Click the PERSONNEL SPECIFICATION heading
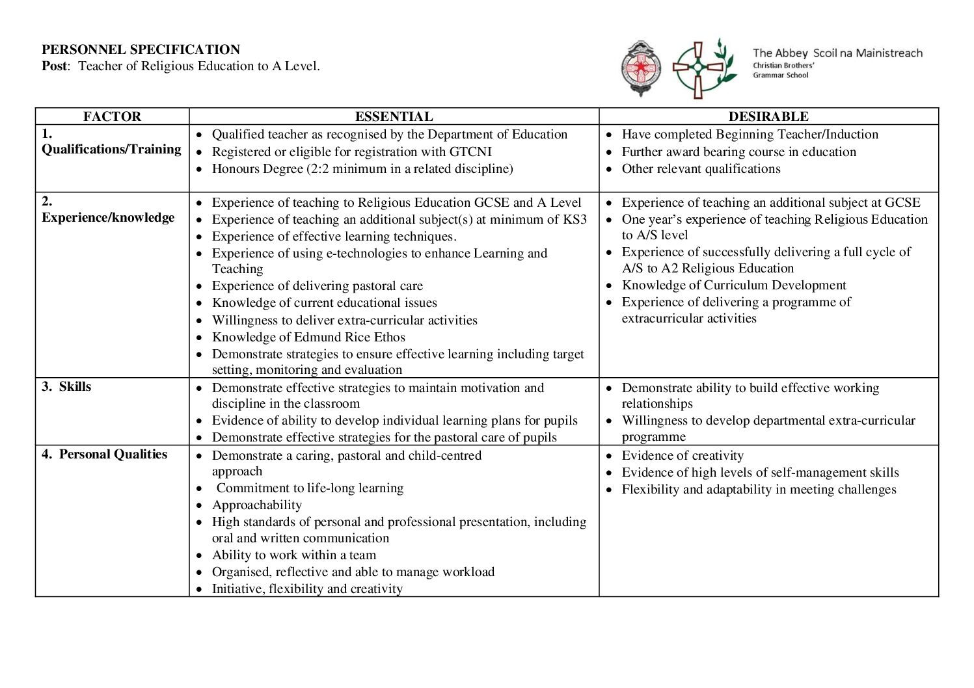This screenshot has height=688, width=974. click(141, 49)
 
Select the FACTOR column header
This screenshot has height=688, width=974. click(112, 116)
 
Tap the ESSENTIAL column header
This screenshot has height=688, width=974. click(394, 116)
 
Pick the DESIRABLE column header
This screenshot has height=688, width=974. click(768, 116)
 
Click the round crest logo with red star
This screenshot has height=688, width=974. click(641, 68)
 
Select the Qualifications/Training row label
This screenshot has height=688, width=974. click(111, 149)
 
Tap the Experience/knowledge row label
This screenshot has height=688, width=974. click(108, 217)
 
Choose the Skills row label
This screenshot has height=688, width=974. click(75, 386)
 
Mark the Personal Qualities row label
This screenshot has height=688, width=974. click(113, 454)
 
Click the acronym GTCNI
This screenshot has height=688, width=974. click(470, 152)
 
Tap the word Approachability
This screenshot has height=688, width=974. click(257, 505)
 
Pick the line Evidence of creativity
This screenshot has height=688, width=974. click(683, 455)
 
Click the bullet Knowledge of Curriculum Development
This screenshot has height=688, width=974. click(734, 285)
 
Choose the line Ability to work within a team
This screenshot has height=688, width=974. click(294, 555)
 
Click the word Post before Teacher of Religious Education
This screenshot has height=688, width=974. click(54, 66)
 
